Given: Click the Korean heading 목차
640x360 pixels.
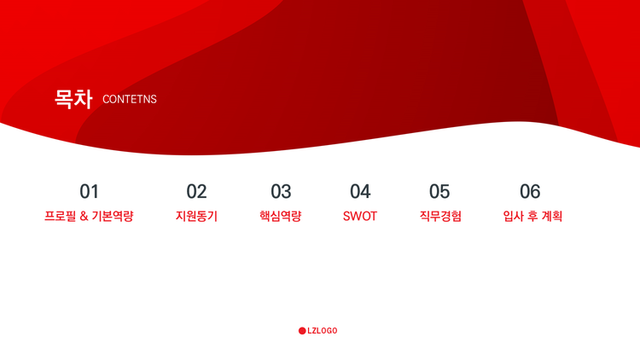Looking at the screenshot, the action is click(73, 99).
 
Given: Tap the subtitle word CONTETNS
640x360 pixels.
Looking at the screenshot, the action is click(130, 99).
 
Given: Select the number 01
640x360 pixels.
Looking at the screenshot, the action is click(89, 191).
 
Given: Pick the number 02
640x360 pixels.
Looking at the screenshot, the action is click(196, 191).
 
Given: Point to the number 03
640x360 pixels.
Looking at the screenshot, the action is click(281, 191).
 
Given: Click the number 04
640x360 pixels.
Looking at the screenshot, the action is click(360, 191).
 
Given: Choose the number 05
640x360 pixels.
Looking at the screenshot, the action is click(439, 191).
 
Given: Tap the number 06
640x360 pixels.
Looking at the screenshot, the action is click(530, 191).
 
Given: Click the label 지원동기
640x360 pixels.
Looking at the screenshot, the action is click(196, 216).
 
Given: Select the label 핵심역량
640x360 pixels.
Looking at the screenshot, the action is click(281, 216).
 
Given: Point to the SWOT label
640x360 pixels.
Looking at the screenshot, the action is click(360, 216).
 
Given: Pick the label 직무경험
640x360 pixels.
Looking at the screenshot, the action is click(440, 216).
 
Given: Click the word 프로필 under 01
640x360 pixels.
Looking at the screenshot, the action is click(60, 216).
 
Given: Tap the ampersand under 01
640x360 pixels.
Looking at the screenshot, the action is click(84, 217).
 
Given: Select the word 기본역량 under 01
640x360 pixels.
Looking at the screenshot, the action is click(113, 216).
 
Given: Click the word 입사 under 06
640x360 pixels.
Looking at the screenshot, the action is click(514, 216).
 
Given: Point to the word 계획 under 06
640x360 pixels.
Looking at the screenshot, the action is click(552, 216).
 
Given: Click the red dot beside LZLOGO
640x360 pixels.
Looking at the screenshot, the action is click(302, 331).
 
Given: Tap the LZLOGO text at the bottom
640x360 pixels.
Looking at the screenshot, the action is click(323, 331).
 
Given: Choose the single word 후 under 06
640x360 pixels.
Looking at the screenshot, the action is click(532, 216).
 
